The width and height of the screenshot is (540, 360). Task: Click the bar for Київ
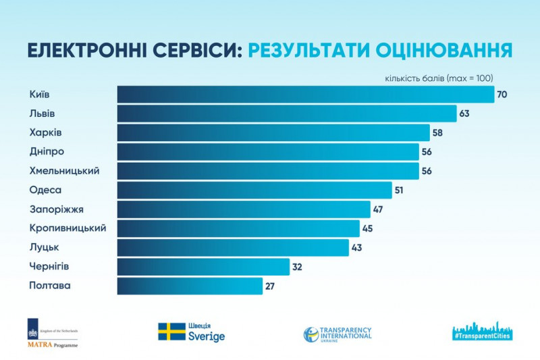[305, 94]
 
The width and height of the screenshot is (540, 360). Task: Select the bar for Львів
[287, 113]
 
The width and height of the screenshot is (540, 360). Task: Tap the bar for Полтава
[190, 286]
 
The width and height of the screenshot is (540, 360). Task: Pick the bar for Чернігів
[203, 267]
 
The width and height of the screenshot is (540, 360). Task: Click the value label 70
[502, 95]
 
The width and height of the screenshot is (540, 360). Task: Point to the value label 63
[464, 113]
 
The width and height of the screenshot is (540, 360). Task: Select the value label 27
[270, 286]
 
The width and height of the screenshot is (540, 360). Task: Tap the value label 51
[399, 190]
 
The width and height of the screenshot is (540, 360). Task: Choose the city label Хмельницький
[64, 171]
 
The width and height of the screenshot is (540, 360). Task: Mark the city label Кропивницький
[67, 228]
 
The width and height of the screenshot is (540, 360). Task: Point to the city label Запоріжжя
[56, 209]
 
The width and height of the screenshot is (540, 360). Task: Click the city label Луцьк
[45, 247]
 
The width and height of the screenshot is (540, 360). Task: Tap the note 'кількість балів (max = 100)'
[438, 78]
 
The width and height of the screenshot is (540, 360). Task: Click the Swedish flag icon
[171, 332]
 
